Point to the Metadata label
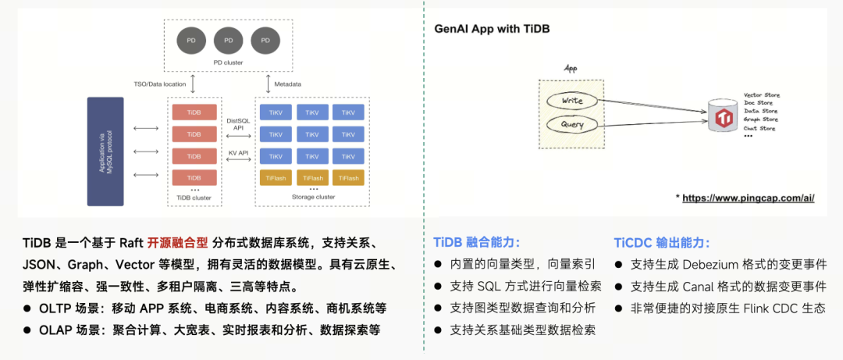287,84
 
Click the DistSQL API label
237,125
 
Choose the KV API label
237,152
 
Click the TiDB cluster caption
194,198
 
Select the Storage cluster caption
314,198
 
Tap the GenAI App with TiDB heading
491,29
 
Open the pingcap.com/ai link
748,198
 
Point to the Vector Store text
762,95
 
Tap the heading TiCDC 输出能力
662,242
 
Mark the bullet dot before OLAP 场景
27,330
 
